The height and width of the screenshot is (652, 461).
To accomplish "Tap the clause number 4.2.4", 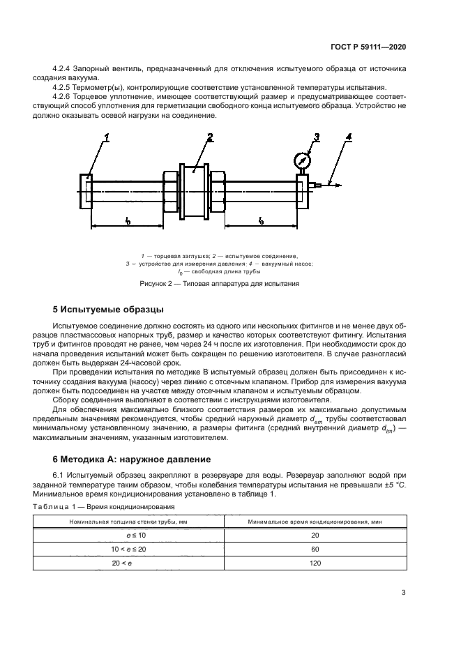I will [63, 69].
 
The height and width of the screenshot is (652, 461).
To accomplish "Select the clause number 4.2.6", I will [63, 96].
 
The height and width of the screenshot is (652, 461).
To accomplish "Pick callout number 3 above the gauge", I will [316, 137].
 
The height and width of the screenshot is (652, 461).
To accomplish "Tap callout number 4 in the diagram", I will [349, 137].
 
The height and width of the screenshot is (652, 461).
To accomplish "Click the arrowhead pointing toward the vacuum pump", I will [337, 185].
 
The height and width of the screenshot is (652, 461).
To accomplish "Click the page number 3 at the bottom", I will [403, 593].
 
